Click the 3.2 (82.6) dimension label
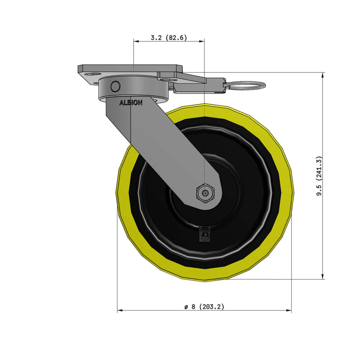click(169, 37)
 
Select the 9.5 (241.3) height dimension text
click(319, 176)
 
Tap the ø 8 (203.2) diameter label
click(204, 306)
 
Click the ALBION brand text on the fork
click(131, 103)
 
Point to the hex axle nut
click(205, 193)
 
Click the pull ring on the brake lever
click(246, 85)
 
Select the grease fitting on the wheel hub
click(204, 234)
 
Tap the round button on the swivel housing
click(115, 86)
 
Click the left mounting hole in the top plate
click(93, 74)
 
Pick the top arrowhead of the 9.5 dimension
click(323, 75)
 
